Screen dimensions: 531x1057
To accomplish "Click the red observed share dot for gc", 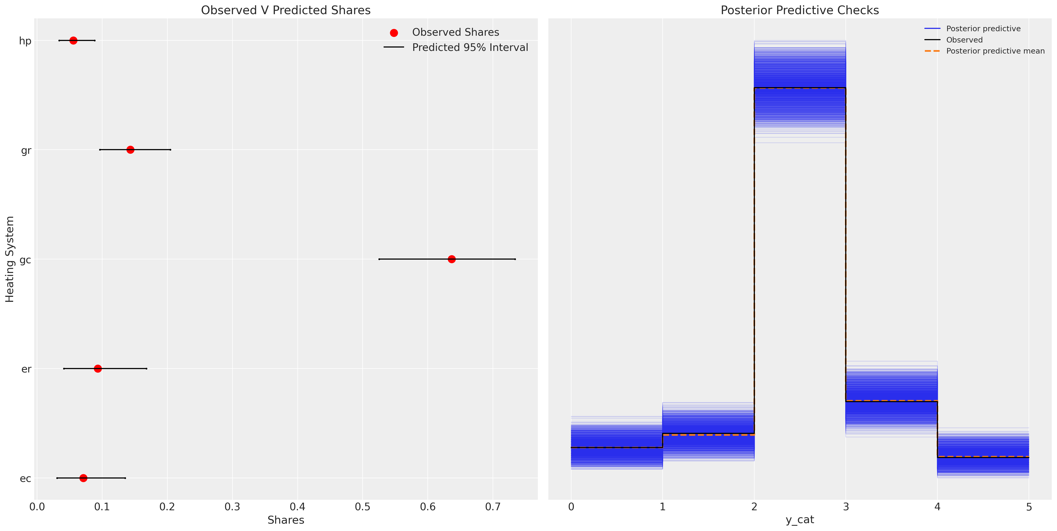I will tap(451, 259).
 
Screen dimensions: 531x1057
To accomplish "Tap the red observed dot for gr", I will tap(130, 150).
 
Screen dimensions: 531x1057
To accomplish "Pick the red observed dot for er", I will tap(98, 369).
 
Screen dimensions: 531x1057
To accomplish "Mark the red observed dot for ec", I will tap(83, 478).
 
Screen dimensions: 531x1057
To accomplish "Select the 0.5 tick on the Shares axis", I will tap(363, 507).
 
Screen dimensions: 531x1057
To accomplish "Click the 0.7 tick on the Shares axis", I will tap(493, 507).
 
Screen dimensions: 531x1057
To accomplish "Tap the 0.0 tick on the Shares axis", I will tap(37, 507).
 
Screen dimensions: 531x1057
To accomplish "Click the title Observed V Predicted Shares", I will tap(286, 10).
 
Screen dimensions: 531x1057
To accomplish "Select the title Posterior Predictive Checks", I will tap(800, 10).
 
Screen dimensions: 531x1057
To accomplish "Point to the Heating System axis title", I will tap(10, 259).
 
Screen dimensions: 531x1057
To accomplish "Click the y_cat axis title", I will tap(800, 520).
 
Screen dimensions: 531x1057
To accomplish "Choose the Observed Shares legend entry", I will tap(456, 32).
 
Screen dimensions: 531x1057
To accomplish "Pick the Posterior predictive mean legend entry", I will tap(995, 51).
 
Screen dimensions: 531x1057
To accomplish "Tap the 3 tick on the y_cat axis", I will tap(846, 507).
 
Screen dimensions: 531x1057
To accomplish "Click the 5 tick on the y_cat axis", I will tap(1029, 507).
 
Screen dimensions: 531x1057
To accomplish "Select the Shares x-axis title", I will tap(286, 520).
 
